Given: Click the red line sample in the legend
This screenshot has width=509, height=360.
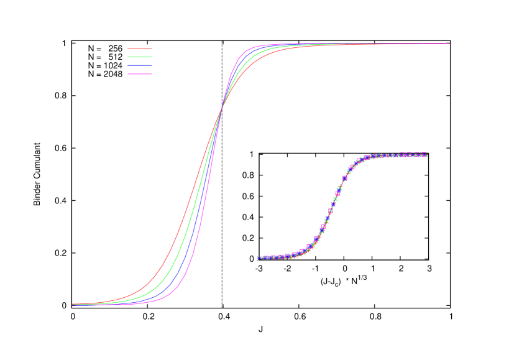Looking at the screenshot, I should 140,48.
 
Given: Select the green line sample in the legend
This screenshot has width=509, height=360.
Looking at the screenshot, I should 140,57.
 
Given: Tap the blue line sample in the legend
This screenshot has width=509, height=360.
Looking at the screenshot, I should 140,65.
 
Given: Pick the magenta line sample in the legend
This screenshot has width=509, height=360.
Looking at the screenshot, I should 140,74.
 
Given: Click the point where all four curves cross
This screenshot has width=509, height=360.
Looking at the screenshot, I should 221,110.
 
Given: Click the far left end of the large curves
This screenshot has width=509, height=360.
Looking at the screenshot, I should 73,304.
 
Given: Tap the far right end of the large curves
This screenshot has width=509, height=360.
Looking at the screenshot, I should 449,44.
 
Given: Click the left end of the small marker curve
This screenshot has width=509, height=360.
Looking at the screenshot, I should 259,258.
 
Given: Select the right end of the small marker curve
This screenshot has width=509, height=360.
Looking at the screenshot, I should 425,154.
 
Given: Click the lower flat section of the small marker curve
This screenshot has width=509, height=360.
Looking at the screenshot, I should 280,256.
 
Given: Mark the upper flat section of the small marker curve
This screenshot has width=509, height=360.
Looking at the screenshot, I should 398,155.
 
